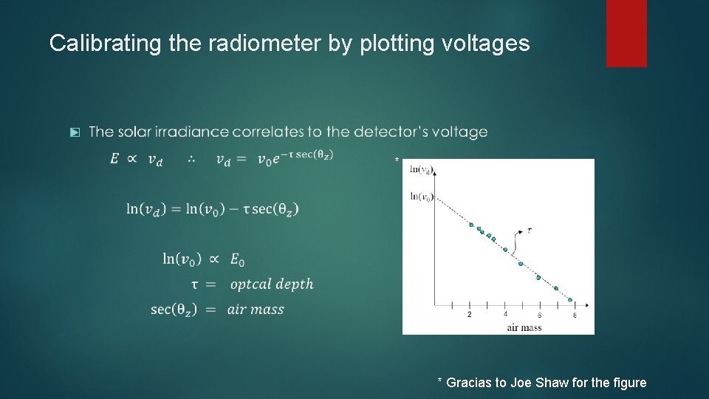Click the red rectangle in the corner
click(626, 33)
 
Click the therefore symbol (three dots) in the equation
click(191, 159)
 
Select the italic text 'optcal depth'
click(272, 284)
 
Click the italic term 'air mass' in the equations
click(256, 310)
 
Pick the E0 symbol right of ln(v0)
click(237, 259)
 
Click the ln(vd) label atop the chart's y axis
click(421, 169)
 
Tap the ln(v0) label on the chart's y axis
click(421, 196)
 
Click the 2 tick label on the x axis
click(470, 315)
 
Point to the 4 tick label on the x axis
click(505, 315)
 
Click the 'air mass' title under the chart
click(524, 327)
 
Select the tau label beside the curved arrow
click(530, 231)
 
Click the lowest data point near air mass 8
click(570, 299)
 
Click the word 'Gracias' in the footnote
click(470, 382)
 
